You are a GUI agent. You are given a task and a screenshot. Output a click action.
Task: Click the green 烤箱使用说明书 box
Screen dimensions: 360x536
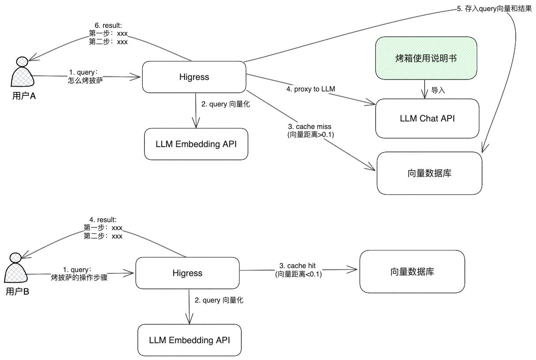point(426,58)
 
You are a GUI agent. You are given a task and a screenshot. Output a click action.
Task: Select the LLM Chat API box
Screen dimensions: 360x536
point(427,118)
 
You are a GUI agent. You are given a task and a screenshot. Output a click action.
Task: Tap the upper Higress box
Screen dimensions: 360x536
point(194,77)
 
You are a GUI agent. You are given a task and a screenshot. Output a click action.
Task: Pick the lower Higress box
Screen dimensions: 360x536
point(187,273)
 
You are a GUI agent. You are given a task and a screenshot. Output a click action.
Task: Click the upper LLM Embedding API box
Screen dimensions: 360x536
point(196,144)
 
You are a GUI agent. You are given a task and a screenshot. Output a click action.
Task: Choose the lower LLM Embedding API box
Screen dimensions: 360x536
point(190,340)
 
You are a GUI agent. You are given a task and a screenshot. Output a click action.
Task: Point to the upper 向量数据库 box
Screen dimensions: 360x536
point(429,173)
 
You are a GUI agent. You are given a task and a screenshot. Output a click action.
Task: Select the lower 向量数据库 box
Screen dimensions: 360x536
point(412,271)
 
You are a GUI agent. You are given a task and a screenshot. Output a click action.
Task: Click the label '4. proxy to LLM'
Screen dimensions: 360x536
point(310,89)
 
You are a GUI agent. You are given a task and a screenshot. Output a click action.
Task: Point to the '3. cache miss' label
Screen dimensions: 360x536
point(310,127)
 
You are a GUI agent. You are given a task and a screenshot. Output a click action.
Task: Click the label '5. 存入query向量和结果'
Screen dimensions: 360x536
point(494,9)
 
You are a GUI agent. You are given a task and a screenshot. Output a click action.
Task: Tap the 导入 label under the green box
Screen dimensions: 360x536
point(438,91)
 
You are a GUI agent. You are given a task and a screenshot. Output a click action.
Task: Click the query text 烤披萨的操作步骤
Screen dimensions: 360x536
point(79,278)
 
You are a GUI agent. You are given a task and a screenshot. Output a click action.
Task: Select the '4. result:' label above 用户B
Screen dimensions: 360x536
point(103,220)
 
